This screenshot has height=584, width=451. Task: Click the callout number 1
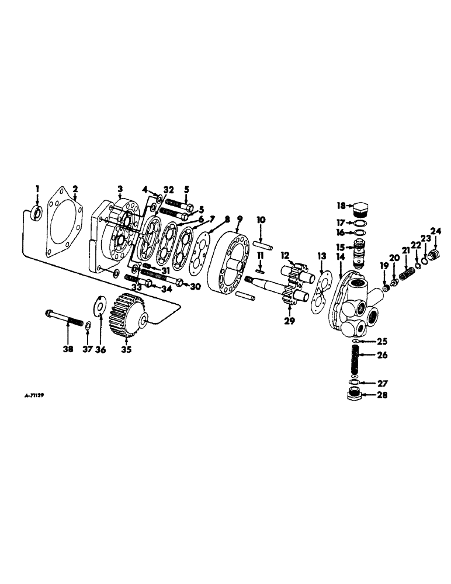click(x=37, y=189)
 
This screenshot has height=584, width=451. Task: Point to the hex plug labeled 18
click(x=360, y=209)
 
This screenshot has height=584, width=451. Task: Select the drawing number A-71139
click(x=31, y=395)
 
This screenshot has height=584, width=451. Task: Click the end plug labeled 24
click(x=433, y=255)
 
